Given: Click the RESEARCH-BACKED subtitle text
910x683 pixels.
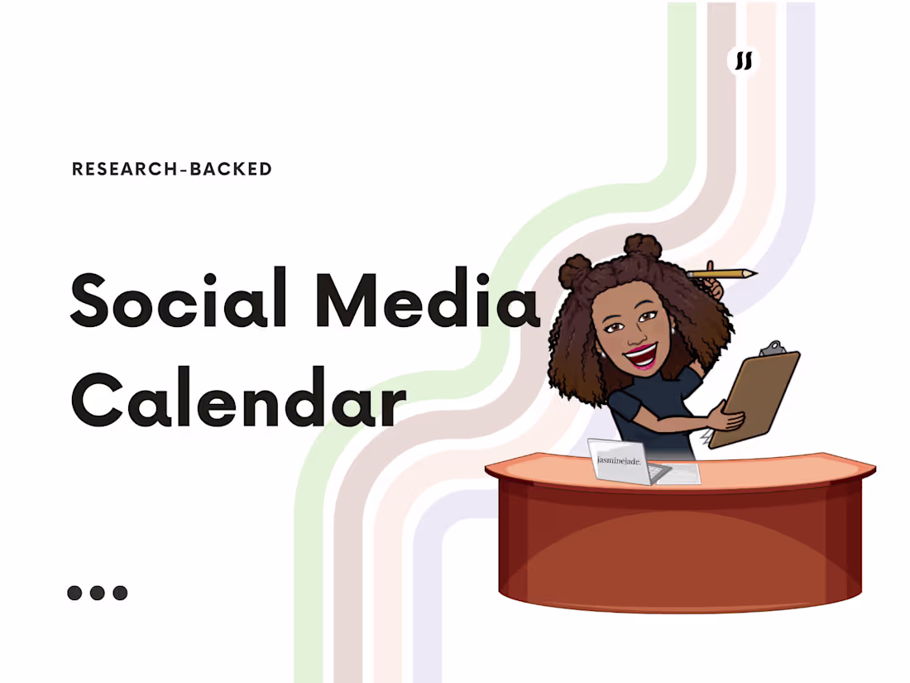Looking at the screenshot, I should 172,169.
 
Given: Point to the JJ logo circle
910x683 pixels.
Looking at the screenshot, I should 744,60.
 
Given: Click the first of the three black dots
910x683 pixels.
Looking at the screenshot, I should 75,593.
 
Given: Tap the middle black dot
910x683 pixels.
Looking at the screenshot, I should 98,593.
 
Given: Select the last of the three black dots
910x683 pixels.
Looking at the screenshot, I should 120,593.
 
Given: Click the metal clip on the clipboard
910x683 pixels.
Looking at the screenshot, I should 771,349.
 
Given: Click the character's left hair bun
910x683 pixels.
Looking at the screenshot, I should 576,272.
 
